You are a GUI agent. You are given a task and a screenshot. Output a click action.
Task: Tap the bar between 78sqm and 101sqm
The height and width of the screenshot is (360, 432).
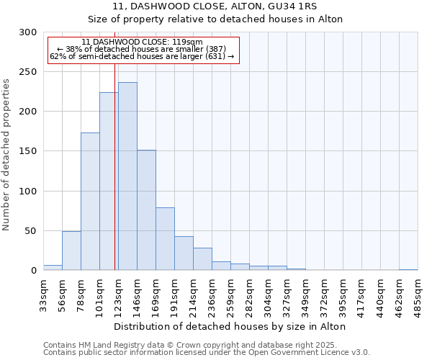pos(90,202)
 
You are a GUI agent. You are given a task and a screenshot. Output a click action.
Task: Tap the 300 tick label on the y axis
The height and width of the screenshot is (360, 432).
pos(28,32)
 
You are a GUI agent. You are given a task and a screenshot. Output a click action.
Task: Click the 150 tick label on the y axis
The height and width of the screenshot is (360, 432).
pos(28,151)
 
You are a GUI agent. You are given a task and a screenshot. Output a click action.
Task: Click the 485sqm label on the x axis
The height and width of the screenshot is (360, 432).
pos(418,295)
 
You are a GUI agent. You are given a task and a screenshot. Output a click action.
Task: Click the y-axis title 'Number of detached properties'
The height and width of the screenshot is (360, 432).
pos(7,155)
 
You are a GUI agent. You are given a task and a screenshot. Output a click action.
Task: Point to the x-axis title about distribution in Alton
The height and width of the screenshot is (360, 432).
pos(230,326)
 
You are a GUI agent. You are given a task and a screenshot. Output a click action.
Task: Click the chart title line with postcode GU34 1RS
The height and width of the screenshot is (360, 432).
pos(215,6)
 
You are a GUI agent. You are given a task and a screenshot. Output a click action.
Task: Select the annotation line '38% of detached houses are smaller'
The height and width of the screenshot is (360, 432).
pos(142,49)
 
